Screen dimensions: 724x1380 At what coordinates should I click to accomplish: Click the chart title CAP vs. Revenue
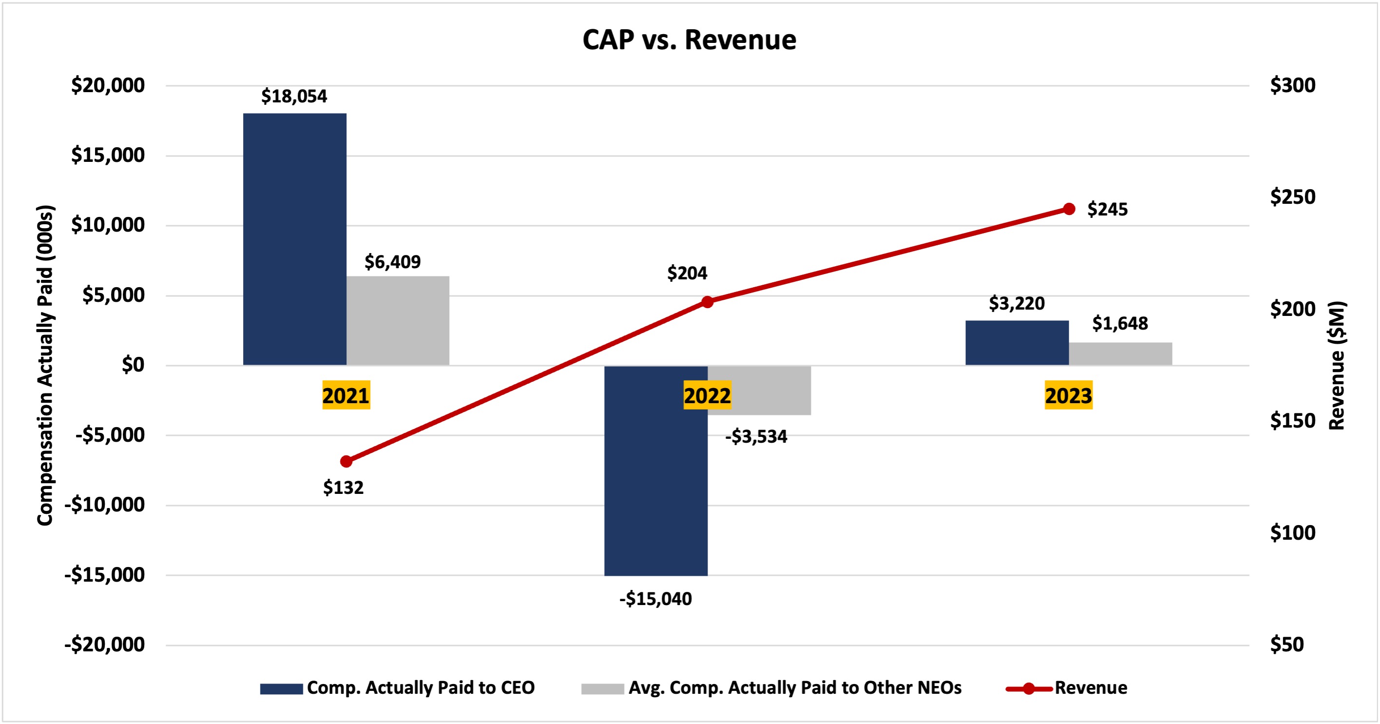[689, 40]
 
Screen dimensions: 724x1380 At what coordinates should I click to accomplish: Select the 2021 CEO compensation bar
[295, 239]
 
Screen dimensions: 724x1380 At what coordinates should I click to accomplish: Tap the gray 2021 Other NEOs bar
[398, 320]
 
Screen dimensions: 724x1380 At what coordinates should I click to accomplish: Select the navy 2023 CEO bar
[1017, 343]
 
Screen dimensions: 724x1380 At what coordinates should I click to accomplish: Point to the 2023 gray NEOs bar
[1120, 353]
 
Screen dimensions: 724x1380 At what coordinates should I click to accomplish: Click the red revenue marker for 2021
[346, 461]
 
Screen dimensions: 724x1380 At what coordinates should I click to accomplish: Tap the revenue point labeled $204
[707, 302]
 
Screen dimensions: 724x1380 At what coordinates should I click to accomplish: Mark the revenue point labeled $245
[1069, 209]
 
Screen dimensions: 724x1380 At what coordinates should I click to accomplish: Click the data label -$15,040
[656, 599]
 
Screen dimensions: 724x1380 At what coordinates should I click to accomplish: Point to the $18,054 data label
[294, 97]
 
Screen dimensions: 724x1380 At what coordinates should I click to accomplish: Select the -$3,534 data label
[756, 437]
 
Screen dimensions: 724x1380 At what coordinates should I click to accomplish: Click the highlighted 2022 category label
[707, 395]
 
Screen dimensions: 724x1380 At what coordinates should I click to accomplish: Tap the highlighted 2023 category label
[1068, 395]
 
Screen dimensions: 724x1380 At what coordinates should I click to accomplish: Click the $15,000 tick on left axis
[108, 156]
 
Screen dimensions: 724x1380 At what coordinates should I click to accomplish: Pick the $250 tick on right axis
[1292, 197]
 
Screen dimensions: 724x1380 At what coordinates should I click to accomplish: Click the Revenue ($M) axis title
[1337, 366]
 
